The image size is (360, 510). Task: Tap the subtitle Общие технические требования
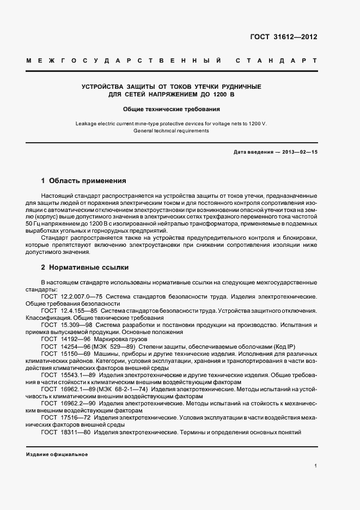tap(172, 109)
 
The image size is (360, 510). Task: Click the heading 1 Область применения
tap(83, 180)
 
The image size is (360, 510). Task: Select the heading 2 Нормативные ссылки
tap(85, 268)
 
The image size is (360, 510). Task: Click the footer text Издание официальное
tap(57, 454)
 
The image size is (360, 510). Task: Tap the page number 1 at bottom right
tap(315, 466)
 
